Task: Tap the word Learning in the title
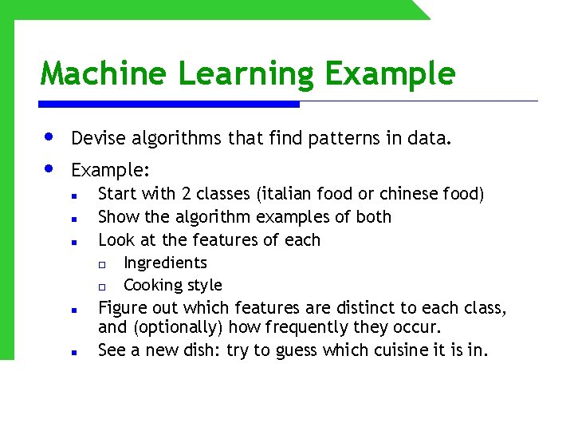[x=247, y=73]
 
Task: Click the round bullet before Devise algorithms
[x=49, y=137]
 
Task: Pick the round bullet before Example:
[x=49, y=168]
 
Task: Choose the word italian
[x=282, y=194]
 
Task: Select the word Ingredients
[x=165, y=263]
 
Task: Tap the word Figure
[x=120, y=308]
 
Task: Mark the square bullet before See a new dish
[x=73, y=351]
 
